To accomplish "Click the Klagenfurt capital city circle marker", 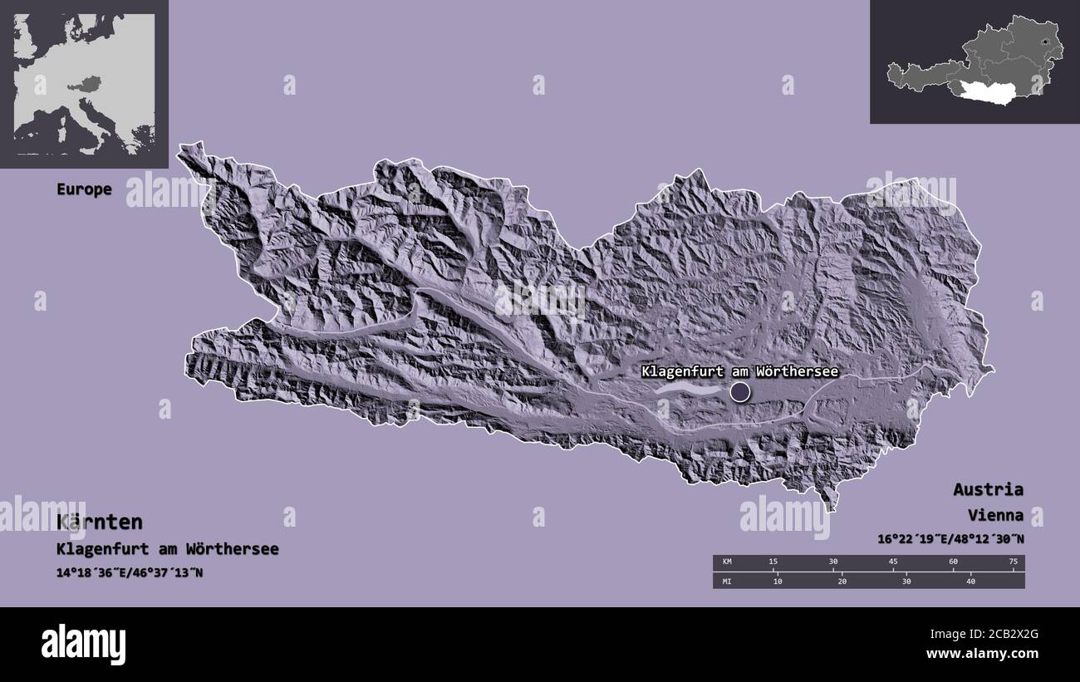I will [739, 391].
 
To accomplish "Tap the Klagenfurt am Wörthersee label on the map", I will [739, 372].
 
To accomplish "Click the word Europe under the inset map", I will [84, 189].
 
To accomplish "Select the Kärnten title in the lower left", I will [100, 522].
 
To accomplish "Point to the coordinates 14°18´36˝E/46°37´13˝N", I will [130, 573].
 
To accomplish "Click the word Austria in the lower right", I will [988, 489].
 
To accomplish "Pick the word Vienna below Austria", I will [994, 515].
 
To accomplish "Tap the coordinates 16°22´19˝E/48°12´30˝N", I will [950, 539].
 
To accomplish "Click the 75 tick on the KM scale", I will [1013, 562].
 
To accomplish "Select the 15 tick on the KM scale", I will [773, 562].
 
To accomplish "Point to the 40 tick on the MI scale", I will [970, 581].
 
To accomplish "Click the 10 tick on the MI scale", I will [778, 581].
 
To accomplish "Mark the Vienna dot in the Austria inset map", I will [1043, 42].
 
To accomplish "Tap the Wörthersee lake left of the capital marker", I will [688, 387].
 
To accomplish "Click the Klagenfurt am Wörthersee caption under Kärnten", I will [168, 549].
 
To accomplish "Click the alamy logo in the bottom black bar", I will [84, 644].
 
